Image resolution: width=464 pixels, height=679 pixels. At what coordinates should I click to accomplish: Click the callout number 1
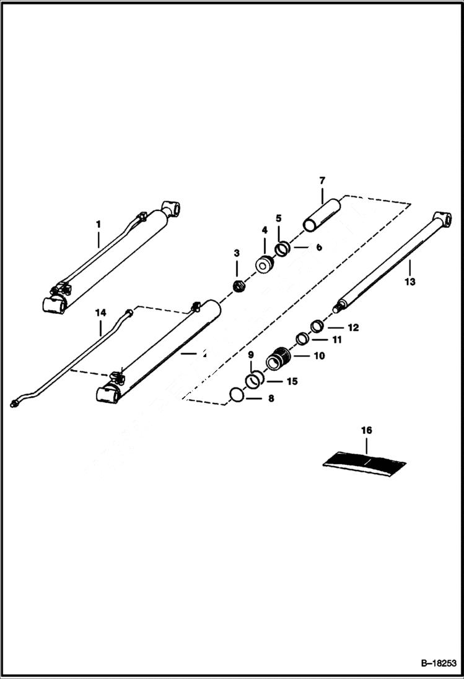coord(97,223)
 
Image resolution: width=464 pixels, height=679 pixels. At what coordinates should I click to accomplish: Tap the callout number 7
coord(322,181)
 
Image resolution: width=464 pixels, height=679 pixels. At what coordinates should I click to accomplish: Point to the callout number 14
coord(100,314)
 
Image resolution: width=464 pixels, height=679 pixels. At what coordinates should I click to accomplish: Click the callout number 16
coord(366,429)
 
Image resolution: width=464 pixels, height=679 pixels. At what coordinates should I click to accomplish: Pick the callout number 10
coord(320,356)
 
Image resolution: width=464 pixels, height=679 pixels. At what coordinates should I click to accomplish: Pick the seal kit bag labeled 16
coord(366,461)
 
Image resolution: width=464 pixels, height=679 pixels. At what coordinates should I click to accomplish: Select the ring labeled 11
coord(302,339)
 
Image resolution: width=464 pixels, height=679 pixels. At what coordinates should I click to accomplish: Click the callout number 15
coord(291,381)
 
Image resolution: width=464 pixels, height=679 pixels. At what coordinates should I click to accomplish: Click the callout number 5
coord(279,218)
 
